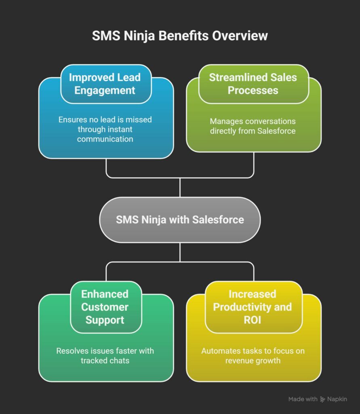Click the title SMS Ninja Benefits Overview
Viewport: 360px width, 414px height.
point(180,36)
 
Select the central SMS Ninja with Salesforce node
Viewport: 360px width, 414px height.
point(180,220)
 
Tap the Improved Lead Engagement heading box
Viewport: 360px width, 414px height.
point(106,84)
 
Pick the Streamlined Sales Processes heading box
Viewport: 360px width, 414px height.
point(253,84)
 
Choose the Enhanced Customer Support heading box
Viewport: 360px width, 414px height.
point(105,307)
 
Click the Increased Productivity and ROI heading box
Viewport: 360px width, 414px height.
point(253,307)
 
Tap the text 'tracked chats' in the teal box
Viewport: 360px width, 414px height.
point(105,360)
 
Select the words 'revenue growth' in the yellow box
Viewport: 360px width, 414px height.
point(253,360)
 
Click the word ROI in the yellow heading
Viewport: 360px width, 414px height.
point(253,320)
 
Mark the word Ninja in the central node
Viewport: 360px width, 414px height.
point(151,220)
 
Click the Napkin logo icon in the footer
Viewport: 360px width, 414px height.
point(322,399)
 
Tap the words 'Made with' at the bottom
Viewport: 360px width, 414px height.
point(303,399)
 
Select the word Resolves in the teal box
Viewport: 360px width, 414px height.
point(72,351)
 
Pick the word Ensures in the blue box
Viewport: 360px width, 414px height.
point(72,120)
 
